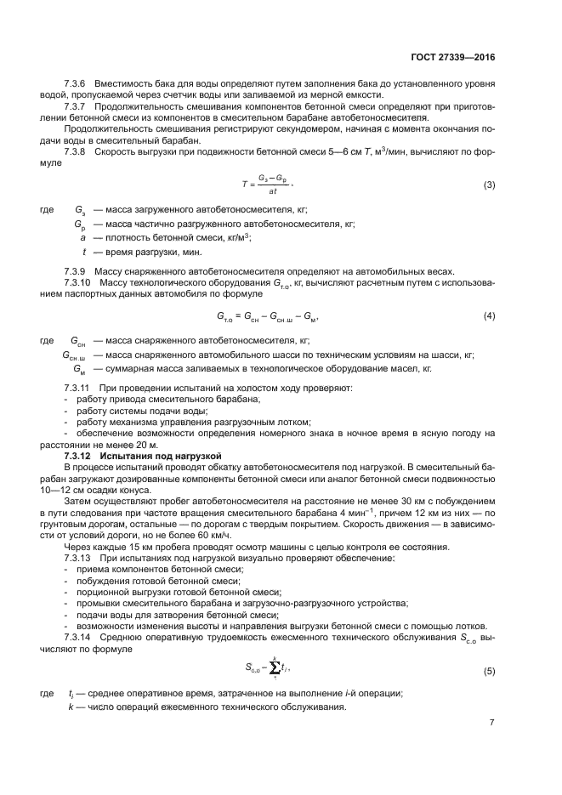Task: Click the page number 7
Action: pos(491,724)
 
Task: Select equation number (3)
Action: pos(489,185)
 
